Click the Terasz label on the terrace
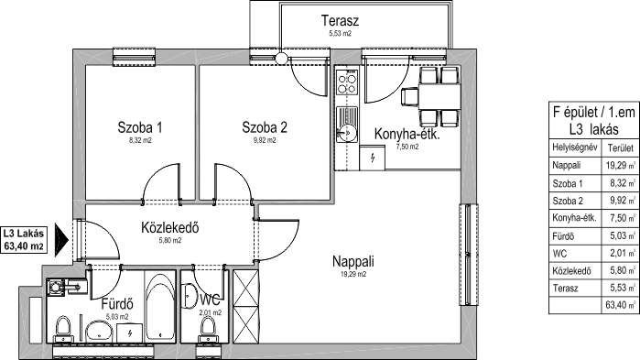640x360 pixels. tap(340, 20)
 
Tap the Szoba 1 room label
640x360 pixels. tap(140, 127)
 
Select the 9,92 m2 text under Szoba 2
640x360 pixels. tap(265, 140)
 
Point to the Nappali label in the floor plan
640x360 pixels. tap(353, 261)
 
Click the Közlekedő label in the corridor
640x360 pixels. tap(170, 227)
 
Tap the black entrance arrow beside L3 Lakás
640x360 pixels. tap(61, 240)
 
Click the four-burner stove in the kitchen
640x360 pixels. tap(347, 82)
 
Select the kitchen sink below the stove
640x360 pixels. tap(347, 125)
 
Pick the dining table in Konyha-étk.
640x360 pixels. tap(440, 96)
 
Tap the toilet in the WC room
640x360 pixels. tap(208, 330)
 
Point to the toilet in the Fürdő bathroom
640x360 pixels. tap(63, 329)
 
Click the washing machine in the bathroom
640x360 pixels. tap(56, 287)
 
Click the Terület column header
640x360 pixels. tap(621, 147)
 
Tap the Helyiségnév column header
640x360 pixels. tap(575, 147)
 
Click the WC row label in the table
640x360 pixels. tap(559, 254)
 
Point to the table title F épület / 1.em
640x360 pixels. tap(594, 112)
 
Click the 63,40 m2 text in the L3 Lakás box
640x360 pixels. tap(24, 246)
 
